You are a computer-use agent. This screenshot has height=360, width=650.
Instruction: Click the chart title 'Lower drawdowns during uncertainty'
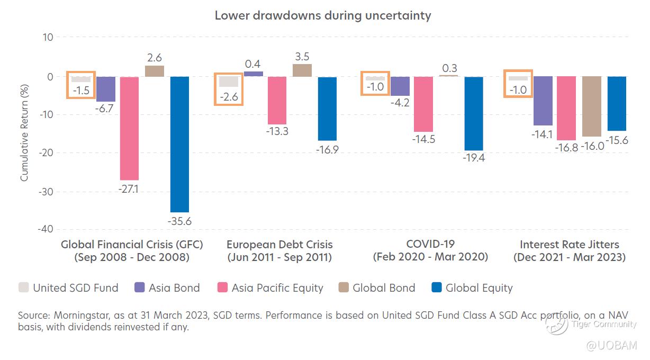pyautogui.click(x=322, y=15)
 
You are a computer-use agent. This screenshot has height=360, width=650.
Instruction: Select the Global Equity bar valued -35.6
pyautogui.click(x=179, y=144)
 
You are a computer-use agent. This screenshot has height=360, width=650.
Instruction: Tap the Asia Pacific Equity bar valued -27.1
pyautogui.click(x=129, y=128)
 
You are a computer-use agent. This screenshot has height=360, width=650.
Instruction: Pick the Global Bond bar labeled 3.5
pyautogui.click(x=302, y=70)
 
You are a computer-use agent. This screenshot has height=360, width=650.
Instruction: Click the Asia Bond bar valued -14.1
pyautogui.click(x=543, y=101)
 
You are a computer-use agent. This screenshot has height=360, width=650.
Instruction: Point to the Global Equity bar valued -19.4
pyautogui.click(x=474, y=113)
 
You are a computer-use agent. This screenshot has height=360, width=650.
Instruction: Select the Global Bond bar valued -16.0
pyautogui.click(x=592, y=106)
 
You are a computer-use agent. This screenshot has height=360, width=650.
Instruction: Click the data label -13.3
pyautogui.click(x=277, y=131)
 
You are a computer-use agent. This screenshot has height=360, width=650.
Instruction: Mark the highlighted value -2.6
pyautogui.click(x=228, y=97)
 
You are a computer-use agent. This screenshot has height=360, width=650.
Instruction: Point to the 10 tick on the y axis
pyautogui.click(x=48, y=37)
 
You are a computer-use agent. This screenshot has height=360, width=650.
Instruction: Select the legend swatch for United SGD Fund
pyautogui.click(x=23, y=288)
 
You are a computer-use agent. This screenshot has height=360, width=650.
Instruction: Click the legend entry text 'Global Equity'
pyautogui.click(x=479, y=288)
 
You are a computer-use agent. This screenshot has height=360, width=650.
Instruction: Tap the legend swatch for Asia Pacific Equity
pyautogui.click(x=222, y=288)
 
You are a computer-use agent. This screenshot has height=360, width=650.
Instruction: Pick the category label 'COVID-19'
pyautogui.click(x=430, y=244)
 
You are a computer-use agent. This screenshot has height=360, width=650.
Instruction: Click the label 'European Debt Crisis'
pyautogui.click(x=279, y=244)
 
